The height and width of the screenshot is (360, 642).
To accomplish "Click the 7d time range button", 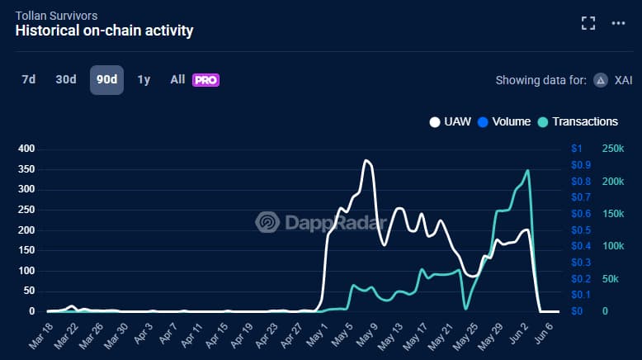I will (29, 80).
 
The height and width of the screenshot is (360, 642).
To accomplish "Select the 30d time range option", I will (65, 80).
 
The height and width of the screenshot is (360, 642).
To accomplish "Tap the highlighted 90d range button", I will (106, 80).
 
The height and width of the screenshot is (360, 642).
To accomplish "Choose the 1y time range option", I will (144, 80).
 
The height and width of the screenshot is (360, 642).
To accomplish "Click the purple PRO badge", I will (205, 80).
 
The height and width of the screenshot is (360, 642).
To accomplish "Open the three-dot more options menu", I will (619, 23).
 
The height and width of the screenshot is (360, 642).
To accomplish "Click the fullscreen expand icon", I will (588, 23).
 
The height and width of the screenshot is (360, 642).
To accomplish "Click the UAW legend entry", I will (450, 121).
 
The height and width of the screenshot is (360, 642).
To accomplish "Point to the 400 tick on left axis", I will (27, 149).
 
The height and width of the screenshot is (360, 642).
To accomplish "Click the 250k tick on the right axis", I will (613, 149).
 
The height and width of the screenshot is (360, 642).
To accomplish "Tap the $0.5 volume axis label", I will (581, 230).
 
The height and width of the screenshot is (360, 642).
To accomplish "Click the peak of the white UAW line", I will (366, 161).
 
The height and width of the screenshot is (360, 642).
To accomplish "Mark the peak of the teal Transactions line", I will (527, 171).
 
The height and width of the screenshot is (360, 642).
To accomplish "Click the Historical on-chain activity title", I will (104, 31).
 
